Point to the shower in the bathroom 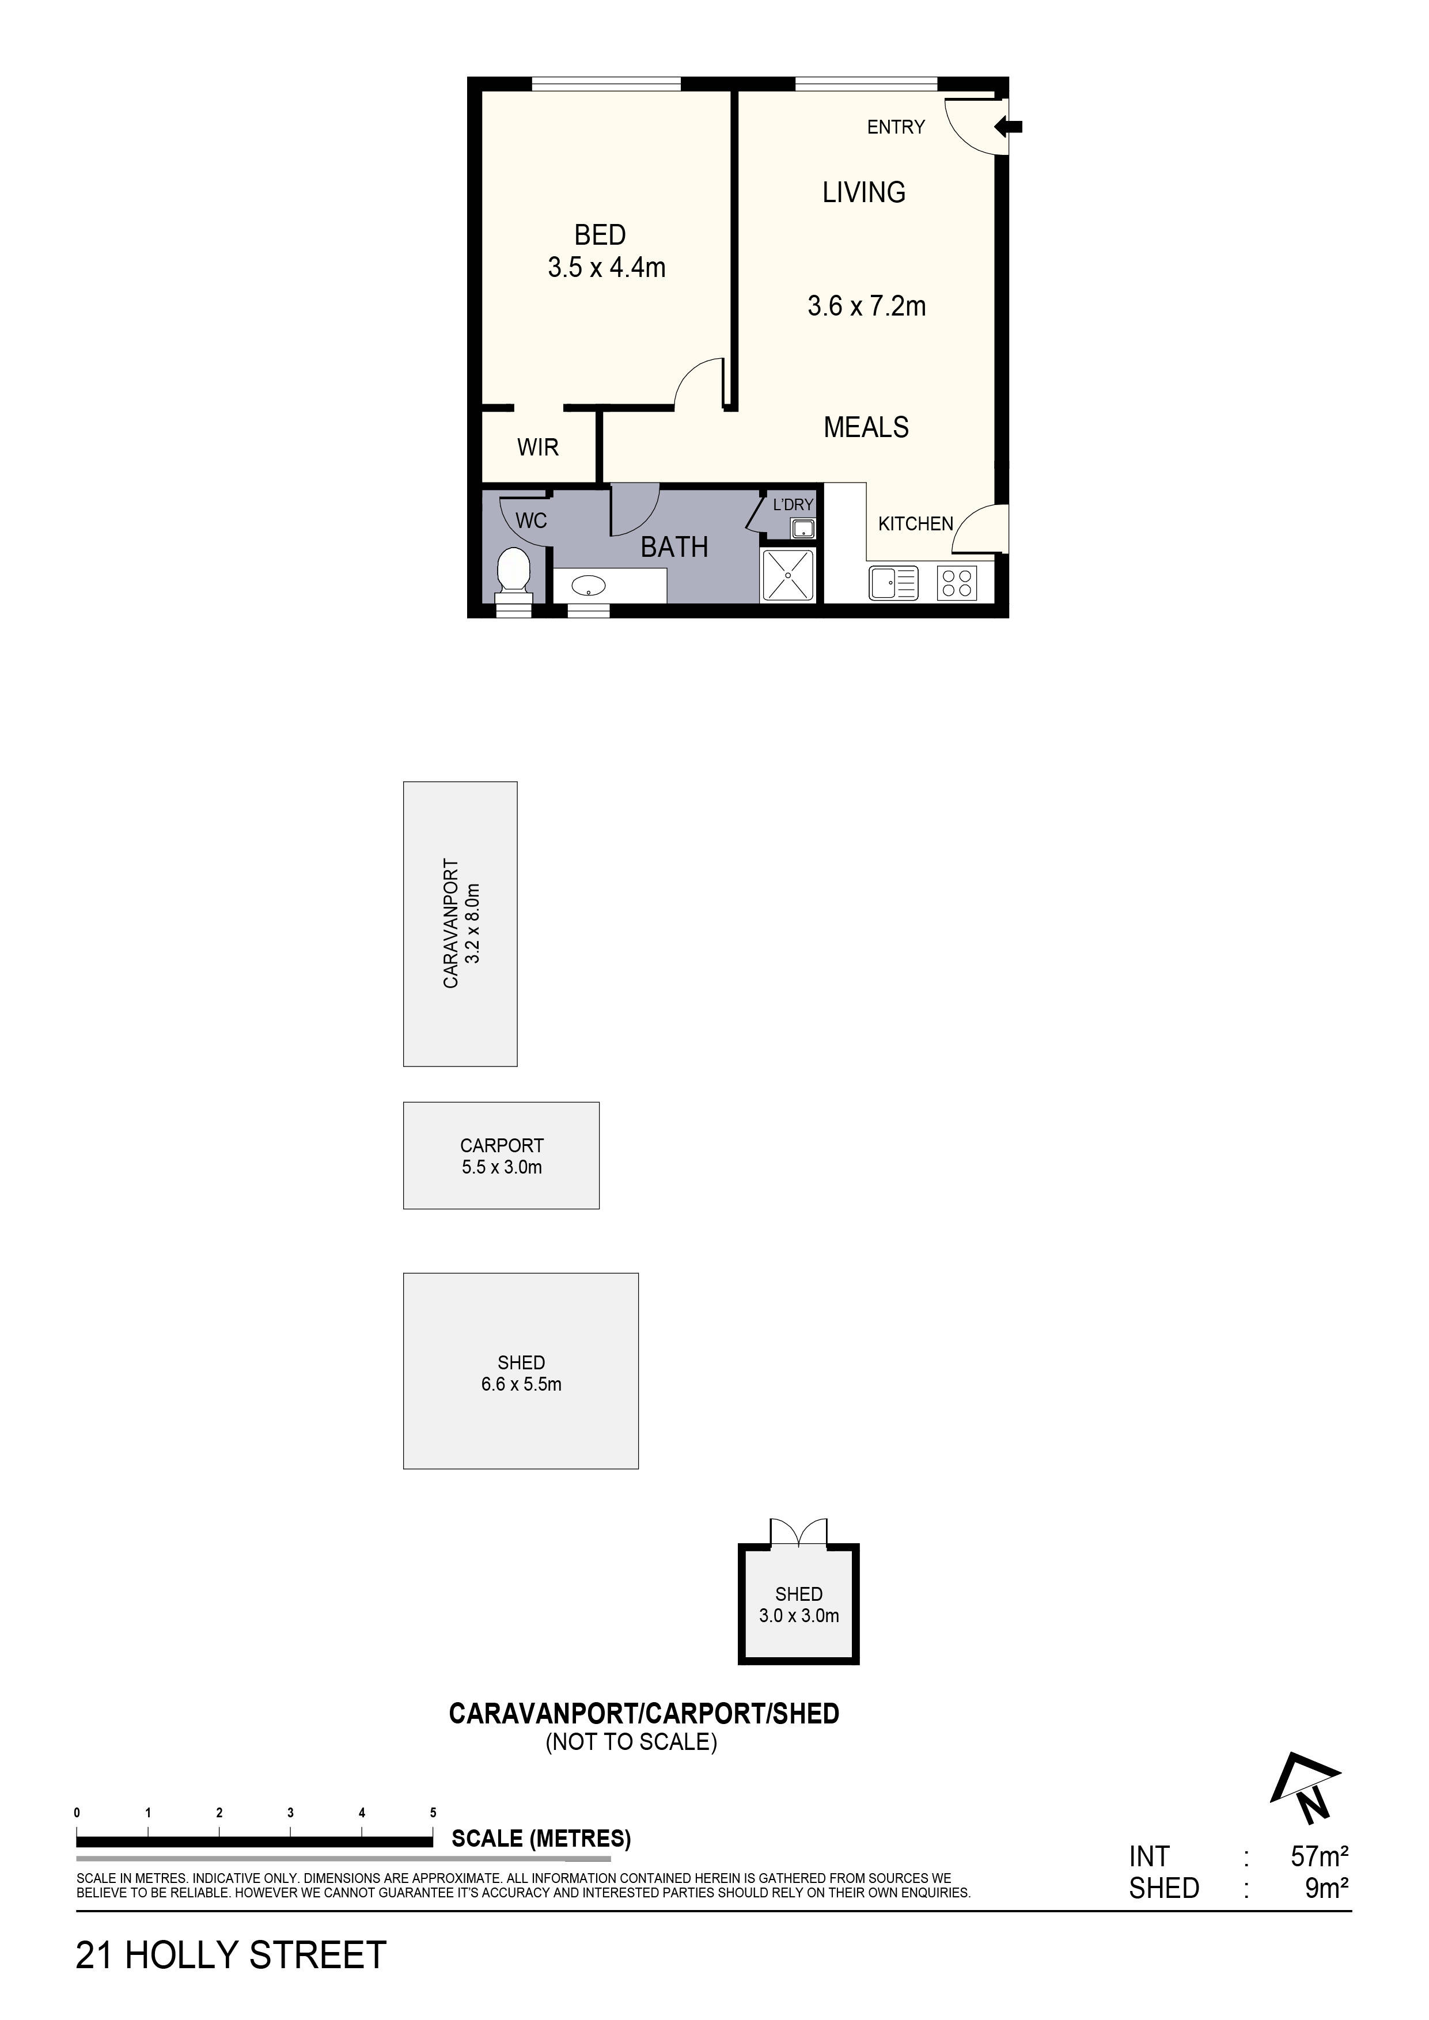pyautogui.click(x=789, y=575)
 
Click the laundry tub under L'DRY pyautogui.click(x=802, y=529)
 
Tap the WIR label pyautogui.click(x=537, y=448)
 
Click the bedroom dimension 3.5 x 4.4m pyautogui.click(x=607, y=267)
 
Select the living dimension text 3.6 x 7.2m pyautogui.click(x=867, y=306)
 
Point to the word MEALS pyautogui.click(x=866, y=428)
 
